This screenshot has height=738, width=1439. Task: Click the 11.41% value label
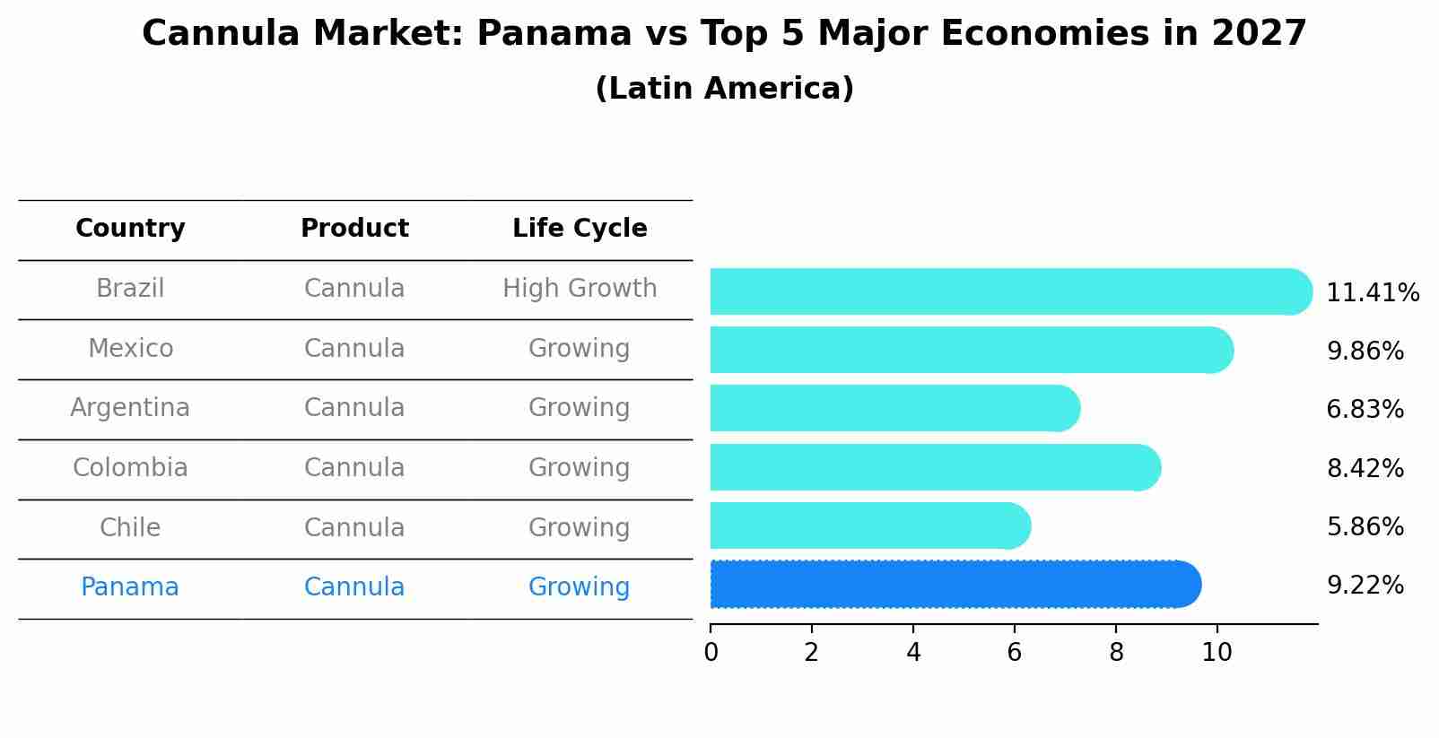click(1372, 293)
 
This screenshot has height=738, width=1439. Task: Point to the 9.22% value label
click(1365, 586)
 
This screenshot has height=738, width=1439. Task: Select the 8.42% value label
click(1365, 469)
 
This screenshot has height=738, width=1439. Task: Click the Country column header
click(130, 229)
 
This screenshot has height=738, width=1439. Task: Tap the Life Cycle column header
click(580, 229)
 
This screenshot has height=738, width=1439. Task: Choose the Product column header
click(354, 229)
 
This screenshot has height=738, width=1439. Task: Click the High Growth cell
click(580, 289)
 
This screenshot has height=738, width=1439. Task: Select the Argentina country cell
click(130, 408)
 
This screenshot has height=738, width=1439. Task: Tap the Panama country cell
click(130, 587)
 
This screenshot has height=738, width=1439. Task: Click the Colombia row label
click(130, 468)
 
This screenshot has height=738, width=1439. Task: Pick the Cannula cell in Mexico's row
click(354, 349)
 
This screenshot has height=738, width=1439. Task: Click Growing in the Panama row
click(580, 587)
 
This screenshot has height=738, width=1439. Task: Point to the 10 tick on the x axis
click(1217, 653)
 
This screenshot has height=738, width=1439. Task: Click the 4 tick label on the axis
click(913, 653)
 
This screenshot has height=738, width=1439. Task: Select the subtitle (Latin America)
click(724, 89)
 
